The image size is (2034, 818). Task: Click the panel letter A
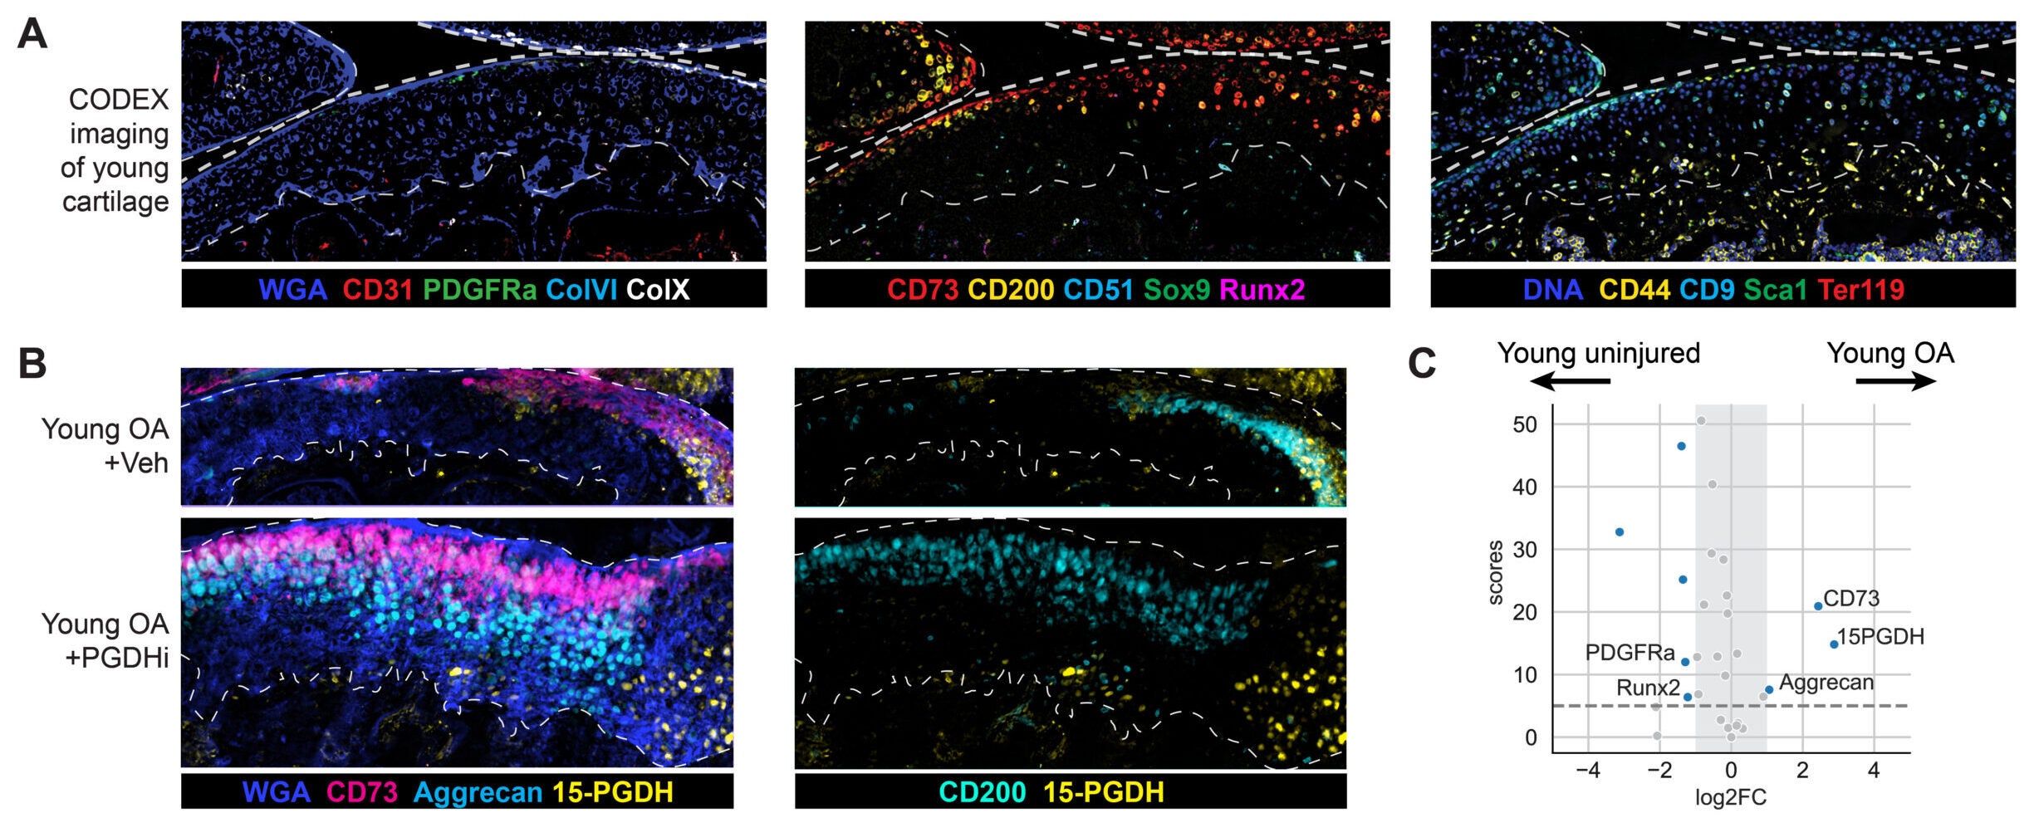click(32, 35)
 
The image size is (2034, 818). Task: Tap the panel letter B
click(32, 363)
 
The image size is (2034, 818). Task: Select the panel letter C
click(1422, 363)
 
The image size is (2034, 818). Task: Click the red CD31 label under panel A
click(377, 289)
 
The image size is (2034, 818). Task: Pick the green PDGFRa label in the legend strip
click(479, 289)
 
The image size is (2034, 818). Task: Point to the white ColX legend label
click(658, 289)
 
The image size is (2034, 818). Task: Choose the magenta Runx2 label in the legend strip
click(1262, 289)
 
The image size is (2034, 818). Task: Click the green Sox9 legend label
click(1176, 289)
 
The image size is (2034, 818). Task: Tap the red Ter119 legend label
click(1860, 289)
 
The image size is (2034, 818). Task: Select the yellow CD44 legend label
click(1635, 289)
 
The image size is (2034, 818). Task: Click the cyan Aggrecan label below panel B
click(478, 792)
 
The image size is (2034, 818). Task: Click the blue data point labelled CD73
click(1818, 606)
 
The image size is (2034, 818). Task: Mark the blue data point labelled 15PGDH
click(1834, 644)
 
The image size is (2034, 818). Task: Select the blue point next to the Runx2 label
click(1688, 697)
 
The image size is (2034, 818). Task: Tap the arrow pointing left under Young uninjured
click(1569, 381)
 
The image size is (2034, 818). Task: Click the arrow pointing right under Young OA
click(1896, 381)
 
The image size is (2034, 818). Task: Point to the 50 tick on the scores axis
click(1525, 424)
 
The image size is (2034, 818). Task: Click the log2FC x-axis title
click(1731, 798)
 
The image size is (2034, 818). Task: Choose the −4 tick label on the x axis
click(1587, 771)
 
